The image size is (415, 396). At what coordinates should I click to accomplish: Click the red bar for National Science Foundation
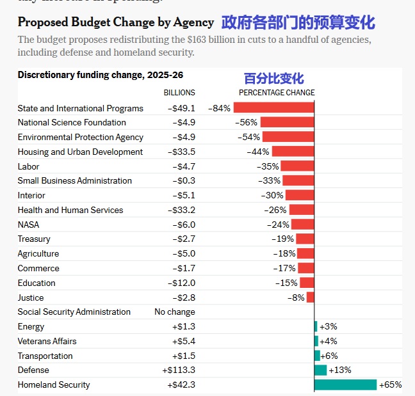287,122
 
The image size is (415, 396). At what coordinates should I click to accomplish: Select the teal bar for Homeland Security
345,384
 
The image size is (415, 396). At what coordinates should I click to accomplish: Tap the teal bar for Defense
320,370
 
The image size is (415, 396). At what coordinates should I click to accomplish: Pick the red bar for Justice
311,297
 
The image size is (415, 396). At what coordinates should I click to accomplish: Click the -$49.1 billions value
181,108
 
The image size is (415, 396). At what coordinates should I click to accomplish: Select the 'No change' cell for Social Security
175,312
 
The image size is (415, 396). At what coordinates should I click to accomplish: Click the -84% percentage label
219,108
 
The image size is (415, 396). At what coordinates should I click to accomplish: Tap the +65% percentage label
390,384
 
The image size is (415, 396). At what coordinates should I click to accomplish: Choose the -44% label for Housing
258,152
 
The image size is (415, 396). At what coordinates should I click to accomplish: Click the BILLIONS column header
179,93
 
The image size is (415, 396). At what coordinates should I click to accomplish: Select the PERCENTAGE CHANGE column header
277,93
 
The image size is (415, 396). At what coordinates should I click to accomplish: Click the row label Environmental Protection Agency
80,137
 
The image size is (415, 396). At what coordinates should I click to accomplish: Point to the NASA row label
28,225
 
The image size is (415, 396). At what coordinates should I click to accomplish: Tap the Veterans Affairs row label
45,341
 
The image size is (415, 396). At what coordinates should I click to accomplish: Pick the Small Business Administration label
74,180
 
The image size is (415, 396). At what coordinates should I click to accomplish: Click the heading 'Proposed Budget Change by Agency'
116,22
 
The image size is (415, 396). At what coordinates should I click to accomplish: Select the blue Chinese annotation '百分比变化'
273,79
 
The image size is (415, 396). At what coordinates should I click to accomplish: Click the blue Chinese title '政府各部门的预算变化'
298,22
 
